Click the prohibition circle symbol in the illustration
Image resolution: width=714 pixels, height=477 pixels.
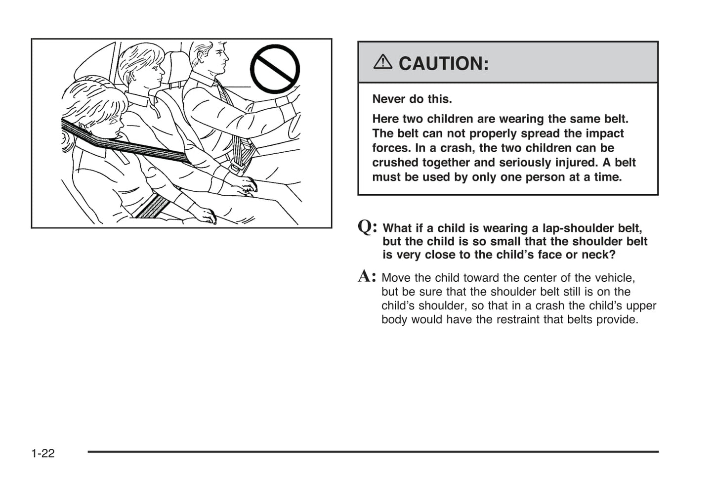pos(275,69)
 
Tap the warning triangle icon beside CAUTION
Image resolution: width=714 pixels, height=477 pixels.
pos(382,62)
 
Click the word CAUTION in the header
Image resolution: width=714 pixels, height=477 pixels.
pos(443,63)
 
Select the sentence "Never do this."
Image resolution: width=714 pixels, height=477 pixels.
pos(412,99)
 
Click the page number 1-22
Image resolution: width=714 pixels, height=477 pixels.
pos(43,453)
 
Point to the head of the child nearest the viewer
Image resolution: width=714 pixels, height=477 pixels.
pos(91,111)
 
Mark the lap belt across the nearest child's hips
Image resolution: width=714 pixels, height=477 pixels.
pos(152,205)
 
